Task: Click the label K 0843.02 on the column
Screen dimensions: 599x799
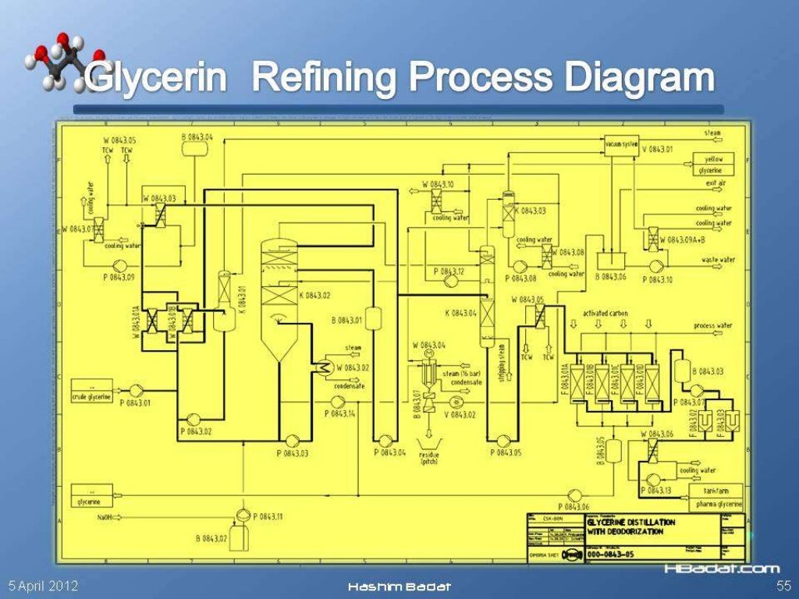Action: tap(315, 296)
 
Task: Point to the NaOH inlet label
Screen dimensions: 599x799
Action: tap(105, 517)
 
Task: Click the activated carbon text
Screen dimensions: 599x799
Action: tap(605, 314)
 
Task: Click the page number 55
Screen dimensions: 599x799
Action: tap(783, 586)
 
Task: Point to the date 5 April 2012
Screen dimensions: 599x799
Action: tap(43, 586)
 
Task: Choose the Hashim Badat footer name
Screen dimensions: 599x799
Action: tap(399, 587)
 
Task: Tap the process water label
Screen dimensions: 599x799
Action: tap(712, 325)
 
